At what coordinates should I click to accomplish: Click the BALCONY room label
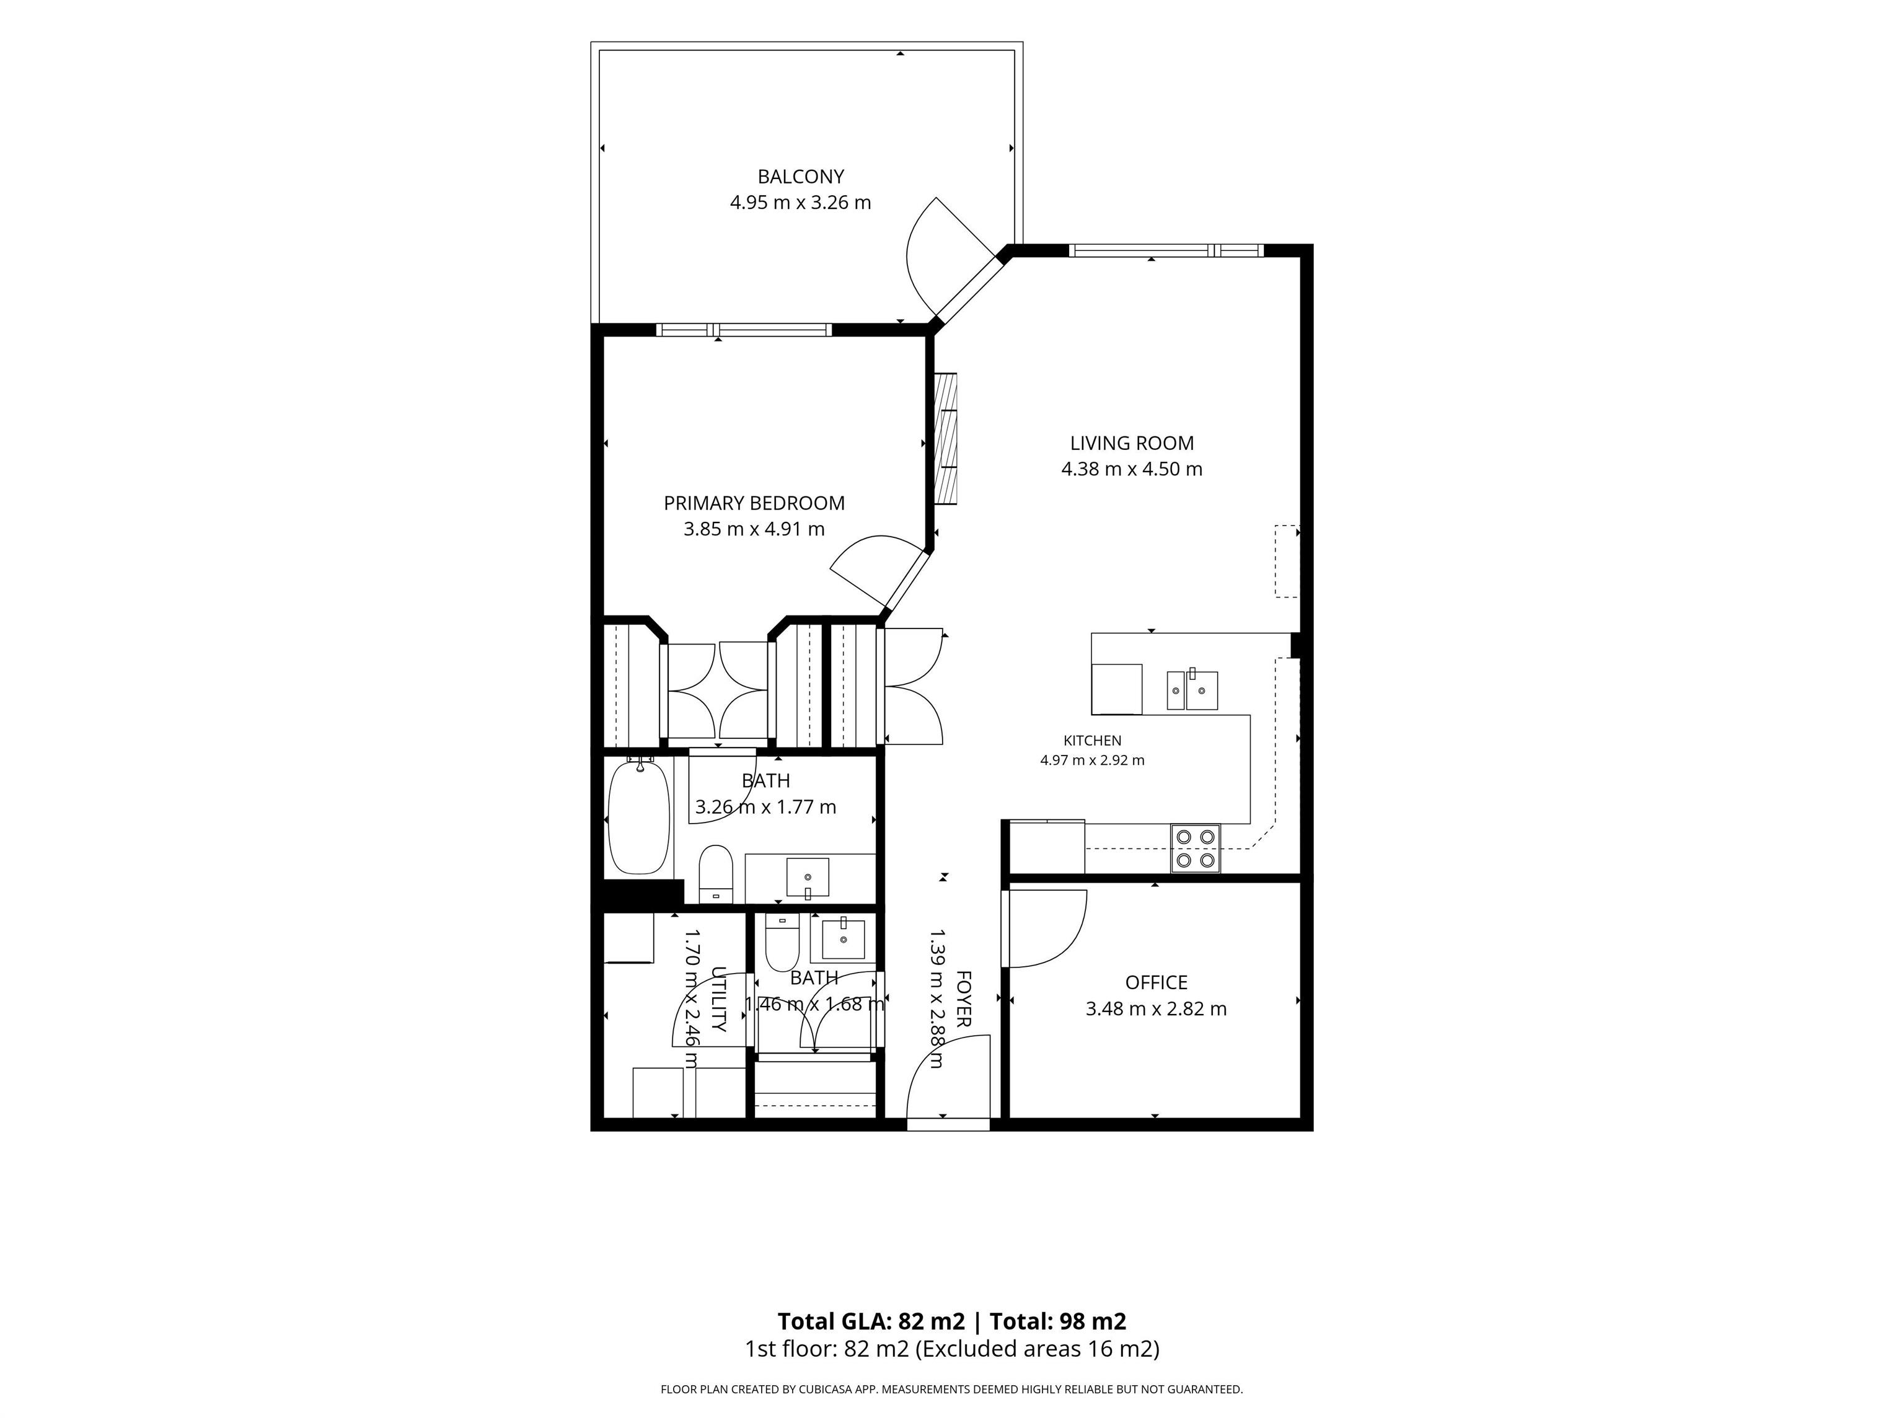coord(801,177)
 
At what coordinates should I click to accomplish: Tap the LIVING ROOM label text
coord(1132,443)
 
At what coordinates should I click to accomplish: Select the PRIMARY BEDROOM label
coord(754,503)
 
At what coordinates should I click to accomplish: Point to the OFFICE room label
coord(1156,982)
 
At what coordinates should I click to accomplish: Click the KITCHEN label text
coord(1092,740)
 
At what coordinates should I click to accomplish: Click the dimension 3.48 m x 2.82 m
coord(1156,1009)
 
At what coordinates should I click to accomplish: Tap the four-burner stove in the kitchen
coord(1195,848)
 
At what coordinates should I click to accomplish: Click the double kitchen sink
coord(1192,690)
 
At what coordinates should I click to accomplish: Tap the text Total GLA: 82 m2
coord(871,1321)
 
